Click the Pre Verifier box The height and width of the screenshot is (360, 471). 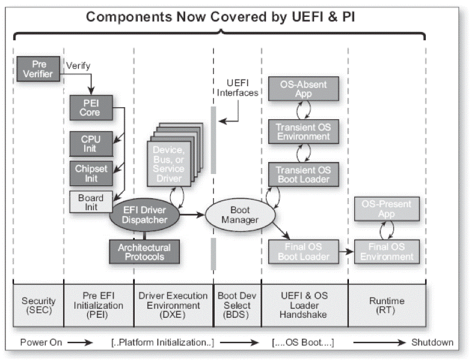(x=37, y=70)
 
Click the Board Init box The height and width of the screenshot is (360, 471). (x=90, y=202)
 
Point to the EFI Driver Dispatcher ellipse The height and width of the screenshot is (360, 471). (x=144, y=214)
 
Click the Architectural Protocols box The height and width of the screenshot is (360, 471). (x=144, y=252)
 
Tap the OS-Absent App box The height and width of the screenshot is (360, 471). (x=303, y=90)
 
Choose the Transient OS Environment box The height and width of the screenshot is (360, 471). (x=303, y=131)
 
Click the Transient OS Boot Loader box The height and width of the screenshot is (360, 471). (x=303, y=173)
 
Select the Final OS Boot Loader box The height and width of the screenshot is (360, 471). (x=303, y=252)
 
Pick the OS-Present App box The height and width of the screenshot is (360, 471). (x=383, y=209)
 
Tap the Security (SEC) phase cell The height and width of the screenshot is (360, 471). (x=38, y=305)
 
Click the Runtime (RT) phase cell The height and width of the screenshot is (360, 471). (x=387, y=305)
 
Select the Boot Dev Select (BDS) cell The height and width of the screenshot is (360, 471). (x=237, y=305)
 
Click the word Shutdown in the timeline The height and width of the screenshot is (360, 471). (x=432, y=343)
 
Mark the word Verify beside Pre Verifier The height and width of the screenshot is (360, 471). (x=78, y=64)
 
